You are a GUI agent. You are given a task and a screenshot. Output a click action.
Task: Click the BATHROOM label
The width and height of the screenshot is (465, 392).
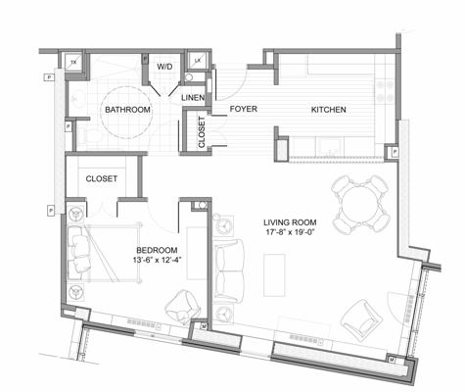click(x=128, y=111)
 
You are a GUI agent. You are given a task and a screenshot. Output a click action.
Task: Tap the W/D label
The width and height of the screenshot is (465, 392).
click(x=164, y=68)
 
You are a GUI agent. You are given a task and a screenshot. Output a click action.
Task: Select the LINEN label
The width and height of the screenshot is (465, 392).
click(x=193, y=99)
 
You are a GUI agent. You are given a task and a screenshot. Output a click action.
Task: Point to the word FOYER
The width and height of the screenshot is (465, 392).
click(x=243, y=111)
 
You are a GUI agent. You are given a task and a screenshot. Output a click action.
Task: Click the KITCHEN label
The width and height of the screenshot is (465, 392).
click(x=328, y=111)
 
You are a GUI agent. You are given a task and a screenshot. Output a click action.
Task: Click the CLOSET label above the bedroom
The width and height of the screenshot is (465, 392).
click(x=102, y=179)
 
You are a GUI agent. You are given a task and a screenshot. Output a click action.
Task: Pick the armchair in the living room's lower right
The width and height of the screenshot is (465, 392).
click(x=360, y=316)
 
